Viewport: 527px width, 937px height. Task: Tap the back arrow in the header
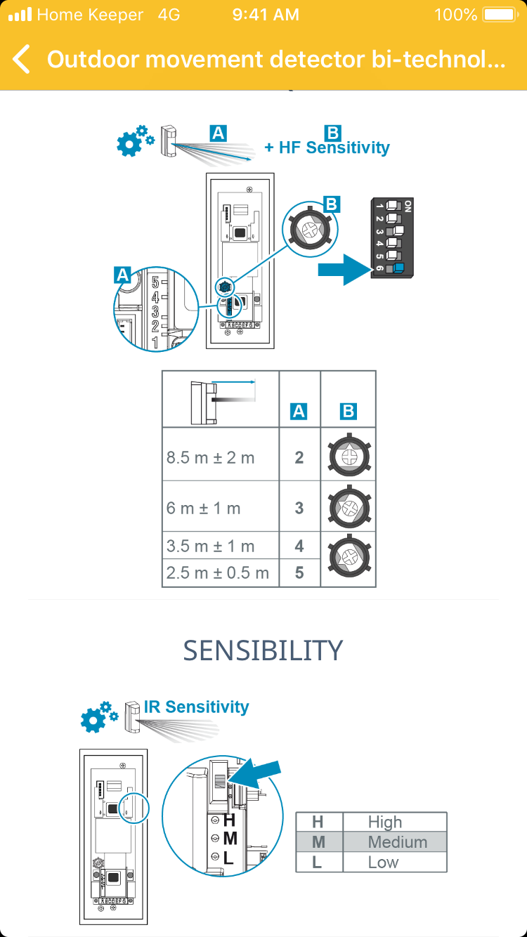click(x=22, y=59)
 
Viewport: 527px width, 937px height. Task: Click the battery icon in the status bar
click(x=500, y=15)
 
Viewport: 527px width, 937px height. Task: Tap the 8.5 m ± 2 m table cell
click(x=211, y=458)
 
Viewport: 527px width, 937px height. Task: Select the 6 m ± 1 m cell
click(x=204, y=508)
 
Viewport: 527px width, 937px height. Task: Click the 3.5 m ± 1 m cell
click(x=211, y=546)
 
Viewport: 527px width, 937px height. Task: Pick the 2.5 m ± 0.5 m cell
click(x=218, y=572)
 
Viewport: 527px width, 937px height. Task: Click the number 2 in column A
click(x=299, y=458)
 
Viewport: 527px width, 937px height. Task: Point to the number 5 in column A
click(x=299, y=572)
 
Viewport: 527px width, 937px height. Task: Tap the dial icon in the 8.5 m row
click(x=349, y=454)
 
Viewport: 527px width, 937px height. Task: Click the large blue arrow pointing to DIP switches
click(x=344, y=269)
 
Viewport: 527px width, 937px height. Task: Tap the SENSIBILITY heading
click(x=263, y=650)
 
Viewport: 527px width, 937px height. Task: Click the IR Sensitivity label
click(x=196, y=707)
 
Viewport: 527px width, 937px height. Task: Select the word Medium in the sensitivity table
click(x=397, y=841)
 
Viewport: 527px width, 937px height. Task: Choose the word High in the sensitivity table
click(x=385, y=822)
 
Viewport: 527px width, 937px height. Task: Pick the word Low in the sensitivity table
click(x=383, y=862)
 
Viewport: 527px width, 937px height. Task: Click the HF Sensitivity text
click(x=327, y=148)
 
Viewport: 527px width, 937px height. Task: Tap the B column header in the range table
click(x=349, y=412)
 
